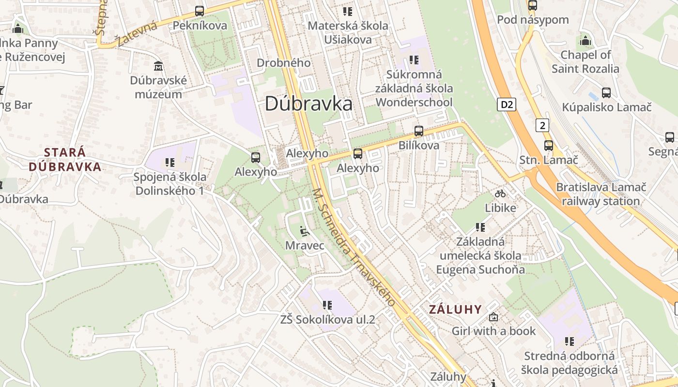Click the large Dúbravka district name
click(308, 104)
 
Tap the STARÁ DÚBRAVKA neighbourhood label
click(65, 160)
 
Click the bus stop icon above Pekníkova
click(200, 11)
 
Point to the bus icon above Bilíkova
click(419, 131)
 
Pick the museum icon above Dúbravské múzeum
click(158, 66)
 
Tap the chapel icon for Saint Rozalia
click(585, 40)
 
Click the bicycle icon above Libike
click(500, 193)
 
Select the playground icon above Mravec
click(304, 231)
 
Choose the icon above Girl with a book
click(493, 317)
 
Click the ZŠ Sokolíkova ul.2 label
click(328, 320)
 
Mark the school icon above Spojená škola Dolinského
click(169, 163)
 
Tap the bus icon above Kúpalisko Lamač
click(606, 93)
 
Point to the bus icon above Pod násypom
click(533, 6)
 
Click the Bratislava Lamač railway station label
click(601, 194)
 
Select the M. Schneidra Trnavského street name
click(354, 247)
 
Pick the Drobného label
click(283, 63)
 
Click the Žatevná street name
click(137, 34)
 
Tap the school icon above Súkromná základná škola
click(414, 60)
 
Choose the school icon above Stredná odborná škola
click(570, 342)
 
